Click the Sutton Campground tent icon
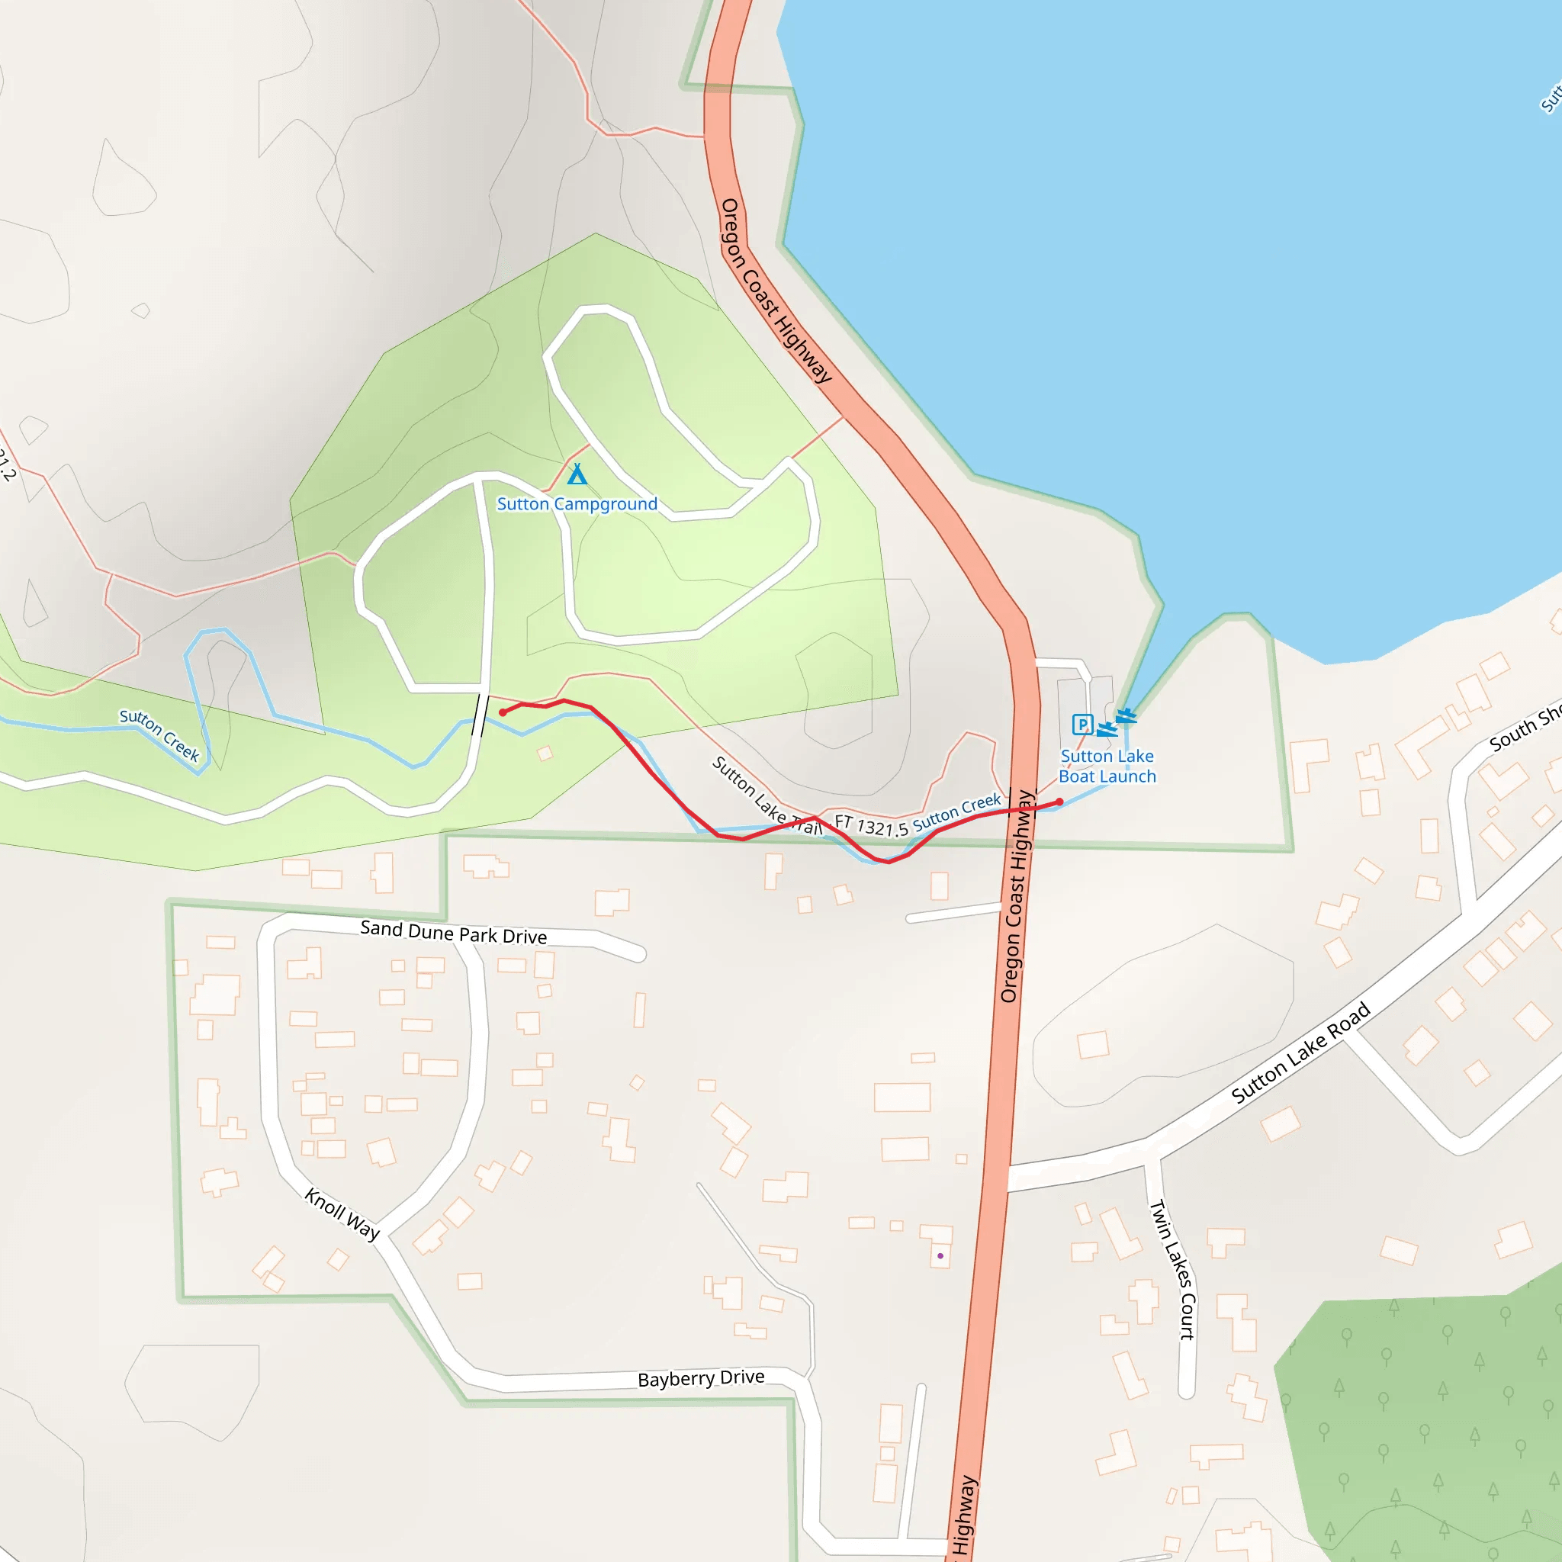[577, 474]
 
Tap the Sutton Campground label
[577, 504]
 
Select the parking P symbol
[1082, 725]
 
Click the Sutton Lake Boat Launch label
[1107, 767]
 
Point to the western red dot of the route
[503, 712]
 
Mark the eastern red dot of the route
[1059, 802]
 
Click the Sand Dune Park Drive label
[454, 933]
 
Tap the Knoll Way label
[342, 1214]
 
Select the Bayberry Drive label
[701, 1378]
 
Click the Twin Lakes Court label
[1172, 1269]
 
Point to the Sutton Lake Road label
[1301, 1053]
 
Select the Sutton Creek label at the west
[159, 735]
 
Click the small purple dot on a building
[940, 1255]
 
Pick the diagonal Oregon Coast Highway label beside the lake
[776, 291]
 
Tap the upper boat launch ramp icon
[1127, 715]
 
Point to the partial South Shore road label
[1524, 728]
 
